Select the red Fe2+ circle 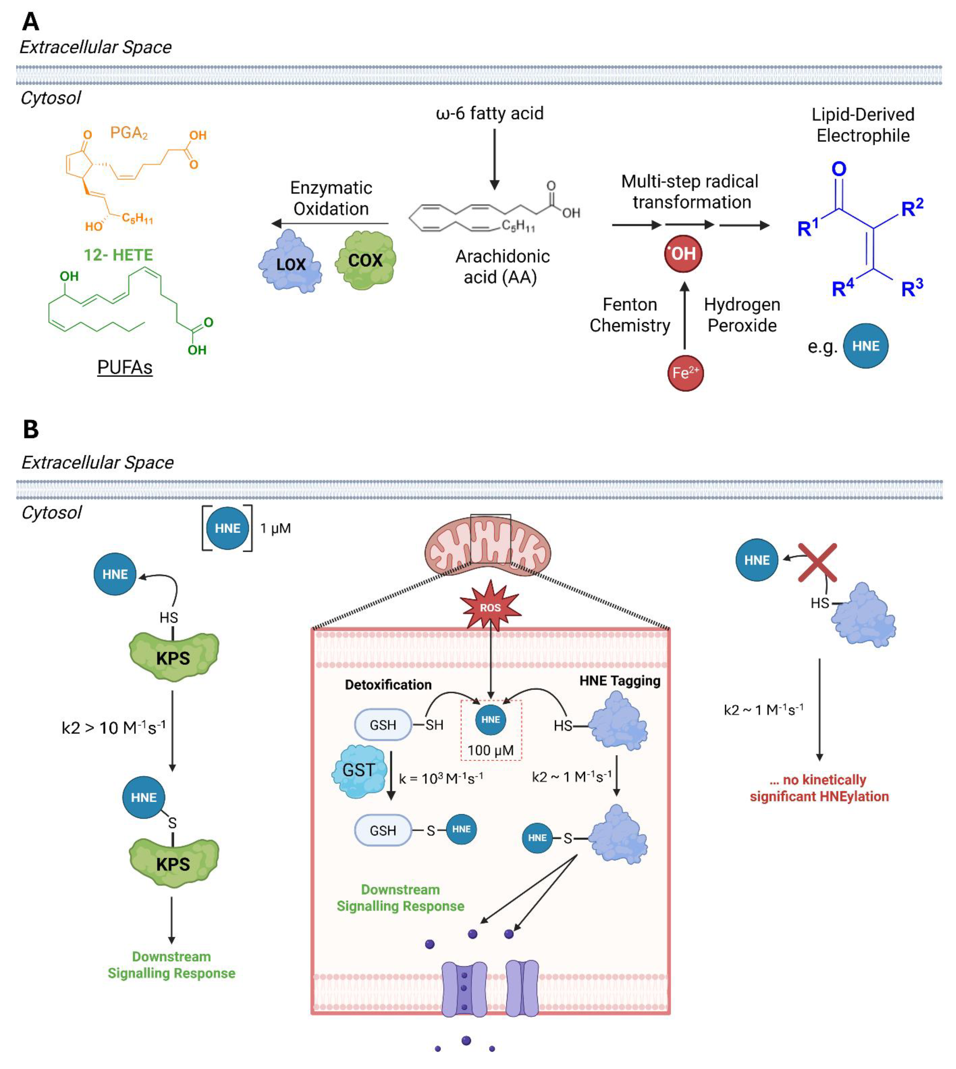point(685,373)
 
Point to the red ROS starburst point(490,607)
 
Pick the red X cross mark point(817,562)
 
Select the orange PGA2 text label point(129,133)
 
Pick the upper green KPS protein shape point(173,657)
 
